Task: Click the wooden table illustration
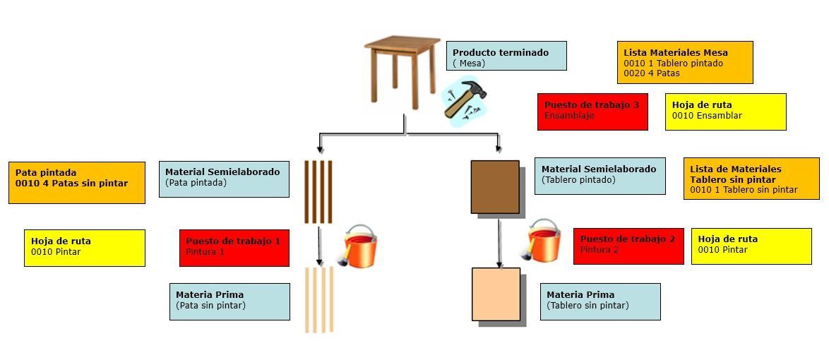pos(402,71)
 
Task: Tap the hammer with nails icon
pos(464,100)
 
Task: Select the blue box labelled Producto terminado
pos(506,56)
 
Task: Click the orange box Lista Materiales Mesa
pos(685,62)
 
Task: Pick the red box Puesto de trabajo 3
pos(592,112)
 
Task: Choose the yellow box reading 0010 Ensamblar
pos(725,112)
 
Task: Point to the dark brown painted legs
pos(318,191)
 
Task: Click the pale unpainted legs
pos(319,300)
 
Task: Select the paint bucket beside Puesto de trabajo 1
pos(358,246)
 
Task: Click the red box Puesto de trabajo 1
pos(234,248)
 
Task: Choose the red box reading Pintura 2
pos(628,246)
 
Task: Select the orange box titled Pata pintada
pos(77,182)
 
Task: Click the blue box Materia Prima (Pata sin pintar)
pos(229,301)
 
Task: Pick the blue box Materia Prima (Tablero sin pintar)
pos(600,301)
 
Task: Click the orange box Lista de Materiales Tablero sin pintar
pos(751,179)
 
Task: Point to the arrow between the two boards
pos(499,242)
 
